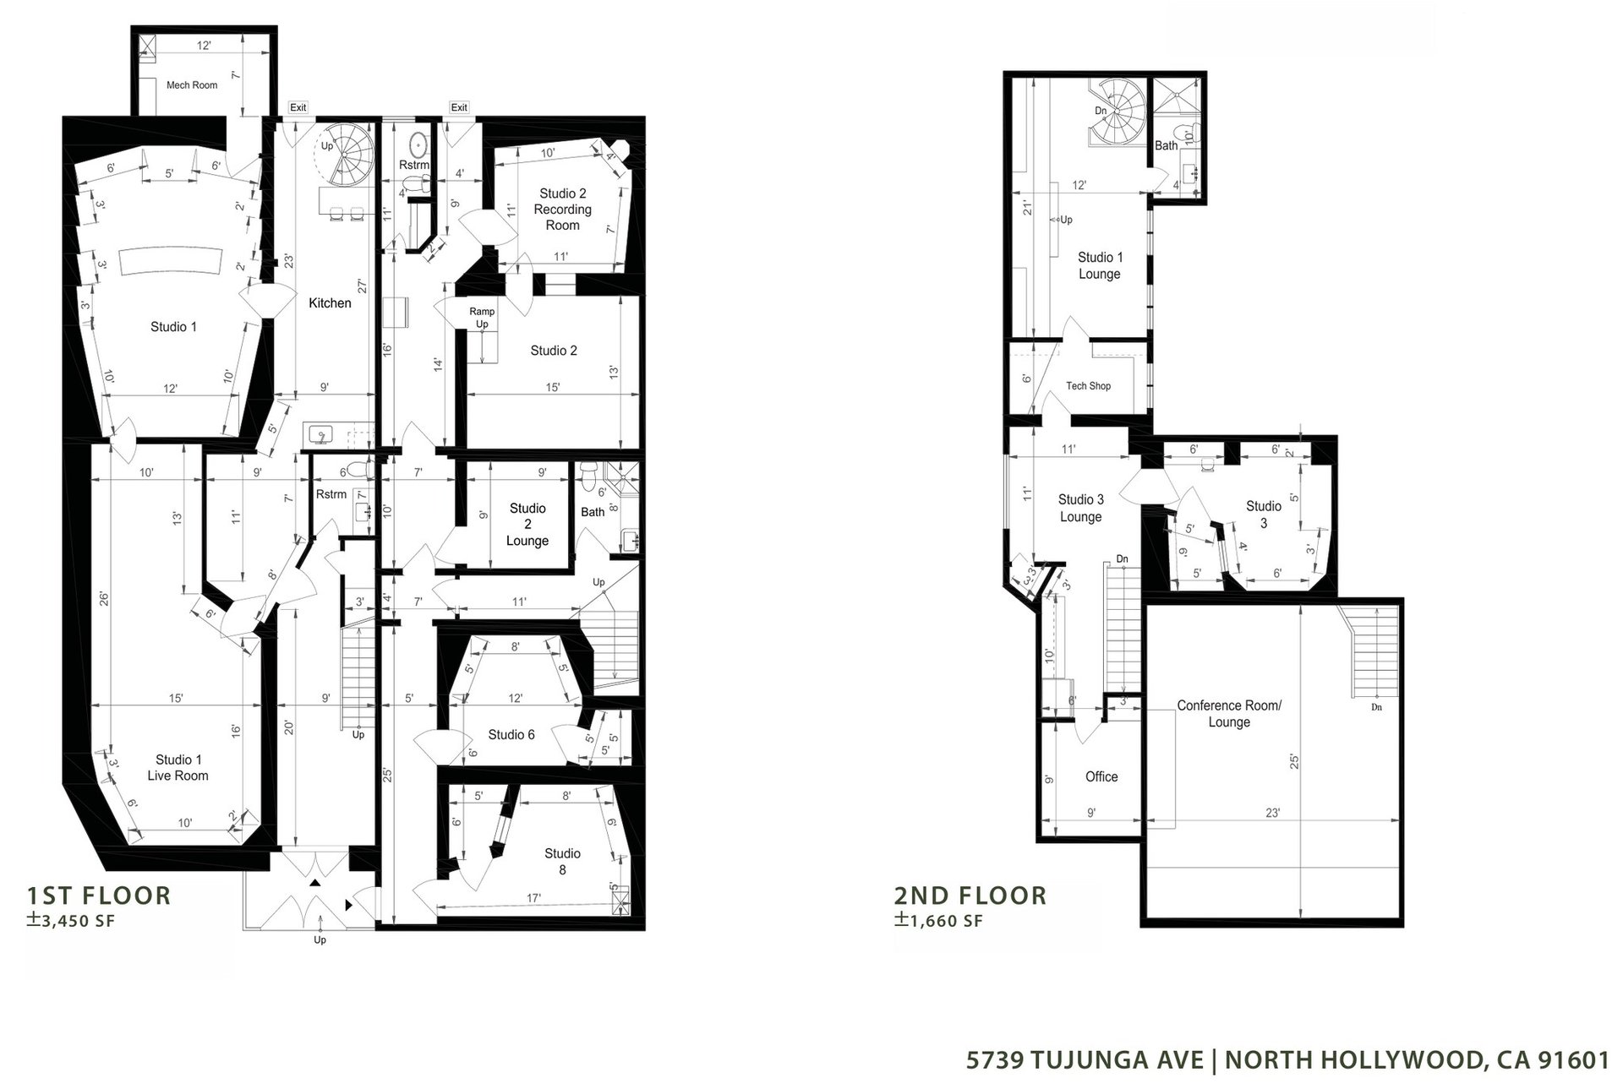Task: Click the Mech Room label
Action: point(192,85)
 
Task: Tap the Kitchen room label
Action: point(330,303)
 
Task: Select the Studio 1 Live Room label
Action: point(178,768)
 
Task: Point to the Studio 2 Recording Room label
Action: point(562,210)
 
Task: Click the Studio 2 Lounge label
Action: point(527,525)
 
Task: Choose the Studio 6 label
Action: point(511,735)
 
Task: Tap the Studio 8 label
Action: point(562,862)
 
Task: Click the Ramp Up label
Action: point(482,318)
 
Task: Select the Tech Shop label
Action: point(1088,386)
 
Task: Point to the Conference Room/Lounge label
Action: point(1229,714)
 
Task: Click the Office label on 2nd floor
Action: point(1101,777)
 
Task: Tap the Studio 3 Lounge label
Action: point(1081,509)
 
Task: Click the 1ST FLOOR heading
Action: point(99,896)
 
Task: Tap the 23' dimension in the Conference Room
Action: point(1273,813)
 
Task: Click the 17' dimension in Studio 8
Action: point(534,898)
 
